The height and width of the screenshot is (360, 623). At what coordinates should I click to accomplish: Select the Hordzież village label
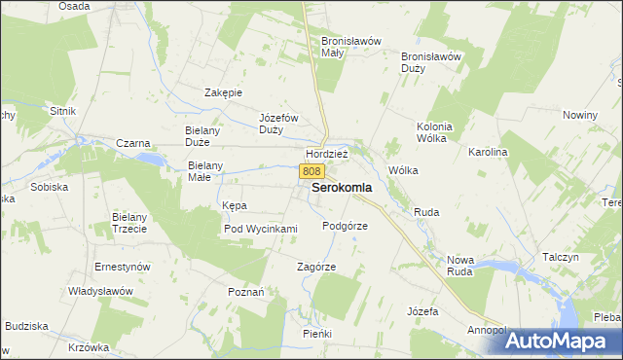pyautogui.click(x=327, y=155)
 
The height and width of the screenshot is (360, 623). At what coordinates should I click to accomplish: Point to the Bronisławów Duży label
pyautogui.click(x=430, y=62)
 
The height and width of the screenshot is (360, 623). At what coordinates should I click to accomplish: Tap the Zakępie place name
pyautogui.click(x=223, y=92)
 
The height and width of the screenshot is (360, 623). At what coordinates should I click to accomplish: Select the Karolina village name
pyautogui.click(x=489, y=153)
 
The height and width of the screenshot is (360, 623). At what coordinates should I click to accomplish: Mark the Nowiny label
pyautogui.click(x=579, y=115)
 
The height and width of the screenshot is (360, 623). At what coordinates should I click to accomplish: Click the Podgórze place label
pyautogui.click(x=345, y=225)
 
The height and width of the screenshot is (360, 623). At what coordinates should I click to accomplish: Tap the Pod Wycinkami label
pyautogui.click(x=260, y=229)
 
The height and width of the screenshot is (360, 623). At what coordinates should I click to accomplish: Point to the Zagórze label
pyautogui.click(x=316, y=267)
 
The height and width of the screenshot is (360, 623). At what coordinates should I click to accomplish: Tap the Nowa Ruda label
pyautogui.click(x=459, y=266)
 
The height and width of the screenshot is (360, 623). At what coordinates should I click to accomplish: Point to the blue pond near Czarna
pyautogui.click(x=150, y=157)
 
